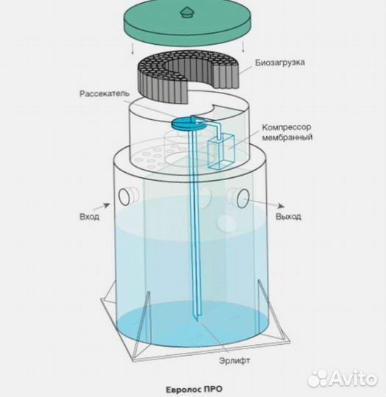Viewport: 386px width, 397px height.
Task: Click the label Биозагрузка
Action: tap(279, 62)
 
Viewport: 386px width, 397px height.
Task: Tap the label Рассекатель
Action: tap(104, 93)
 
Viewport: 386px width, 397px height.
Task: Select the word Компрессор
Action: tap(287, 127)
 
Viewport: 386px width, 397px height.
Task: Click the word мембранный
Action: tap(287, 137)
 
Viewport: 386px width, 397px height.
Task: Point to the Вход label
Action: tap(90, 217)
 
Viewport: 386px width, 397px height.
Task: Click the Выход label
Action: tap(288, 216)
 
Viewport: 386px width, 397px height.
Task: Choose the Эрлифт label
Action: tap(235, 360)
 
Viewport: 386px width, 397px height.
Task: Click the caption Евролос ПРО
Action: tap(194, 389)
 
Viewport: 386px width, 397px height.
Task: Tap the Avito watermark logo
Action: tap(342, 379)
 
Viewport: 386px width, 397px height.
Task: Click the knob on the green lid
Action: tap(187, 13)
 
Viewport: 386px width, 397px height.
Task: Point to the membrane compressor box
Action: tap(221, 151)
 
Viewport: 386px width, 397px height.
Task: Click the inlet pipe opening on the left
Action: tap(124, 197)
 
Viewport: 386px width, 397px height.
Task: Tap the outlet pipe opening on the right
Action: tap(243, 198)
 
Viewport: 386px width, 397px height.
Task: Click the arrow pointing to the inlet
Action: tap(101, 206)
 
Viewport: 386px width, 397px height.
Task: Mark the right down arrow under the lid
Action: tap(243, 46)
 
